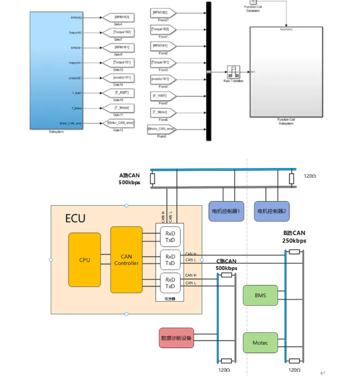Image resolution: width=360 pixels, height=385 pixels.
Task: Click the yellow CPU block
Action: pyautogui.click(x=85, y=260)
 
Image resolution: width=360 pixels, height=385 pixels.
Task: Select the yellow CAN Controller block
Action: pyautogui.click(x=126, y=260)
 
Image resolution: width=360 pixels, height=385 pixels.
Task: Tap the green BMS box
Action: pyautogui.click(x=260, y=295)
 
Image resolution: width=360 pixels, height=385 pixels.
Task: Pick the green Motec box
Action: pyautogui.click(x=260, y=343)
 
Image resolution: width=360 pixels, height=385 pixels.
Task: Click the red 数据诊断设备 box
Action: pyautogui.click(x=176, y=338)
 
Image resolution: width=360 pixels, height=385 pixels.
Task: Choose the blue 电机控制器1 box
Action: pyautogui.click(x=226, y=211)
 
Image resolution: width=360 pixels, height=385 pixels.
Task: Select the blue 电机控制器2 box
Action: pyautogui.click(x=272, y=211)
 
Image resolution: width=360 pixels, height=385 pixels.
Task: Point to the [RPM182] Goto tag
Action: pyautogui.click(x=118, y=17)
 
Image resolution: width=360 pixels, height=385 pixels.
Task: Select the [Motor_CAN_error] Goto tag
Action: pyautogui.click(x=118, y=123)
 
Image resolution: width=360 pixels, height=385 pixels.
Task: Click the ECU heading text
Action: pyautogui.click(x=75, y=219)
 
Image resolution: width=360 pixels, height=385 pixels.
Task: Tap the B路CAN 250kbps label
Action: pyautogui.click(x=294, y=237)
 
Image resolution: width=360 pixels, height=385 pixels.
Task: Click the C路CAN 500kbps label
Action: pyautogui.click(x=226, y=264)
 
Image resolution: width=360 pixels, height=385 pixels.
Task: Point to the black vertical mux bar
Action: pyautogui.click(x=208, y=71)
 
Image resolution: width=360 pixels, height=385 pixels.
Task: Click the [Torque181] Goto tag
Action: pyautogui.click(x=118, y=63)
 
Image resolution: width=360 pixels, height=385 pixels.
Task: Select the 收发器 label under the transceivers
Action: pyautogui.click(x=170, y=298)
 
